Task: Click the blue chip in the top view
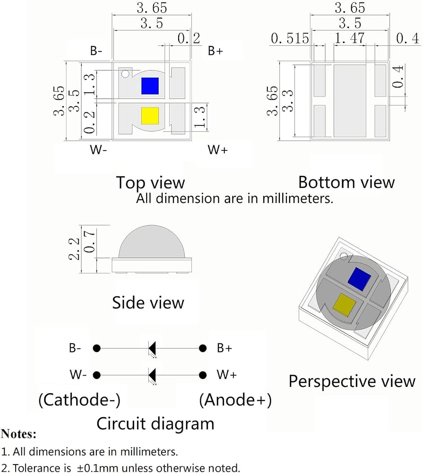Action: (150, 86)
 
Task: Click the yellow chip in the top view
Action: (150, 116)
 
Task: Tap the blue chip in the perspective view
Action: (359, 280)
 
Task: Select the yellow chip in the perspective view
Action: (344, 305)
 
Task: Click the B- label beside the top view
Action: (96, 51)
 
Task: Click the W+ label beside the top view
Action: (218, 149)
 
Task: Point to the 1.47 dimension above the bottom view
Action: (350, 38)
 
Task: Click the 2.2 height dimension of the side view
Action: (74, 249)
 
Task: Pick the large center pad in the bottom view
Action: (350, 101)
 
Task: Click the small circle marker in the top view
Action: (125, 74)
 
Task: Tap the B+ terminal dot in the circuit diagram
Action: (203, 348)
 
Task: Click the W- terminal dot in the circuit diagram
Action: (96, 375)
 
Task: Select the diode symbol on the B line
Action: (152, 349)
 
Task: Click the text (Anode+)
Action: (235, 400)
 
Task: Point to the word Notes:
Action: (19, 434)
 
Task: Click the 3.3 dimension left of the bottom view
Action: (288, 101)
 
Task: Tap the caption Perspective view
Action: (352, 381)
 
